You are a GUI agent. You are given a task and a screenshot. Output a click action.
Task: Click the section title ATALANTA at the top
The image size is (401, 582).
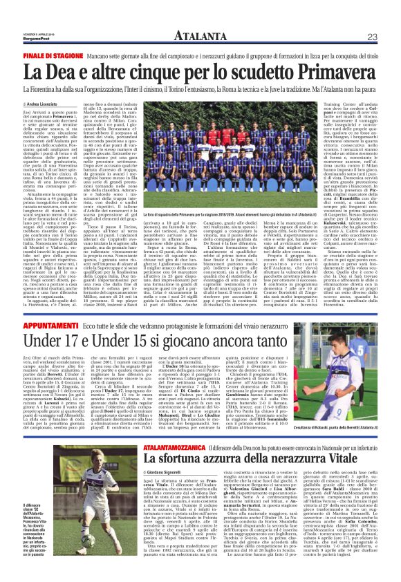tap(200, 17)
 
